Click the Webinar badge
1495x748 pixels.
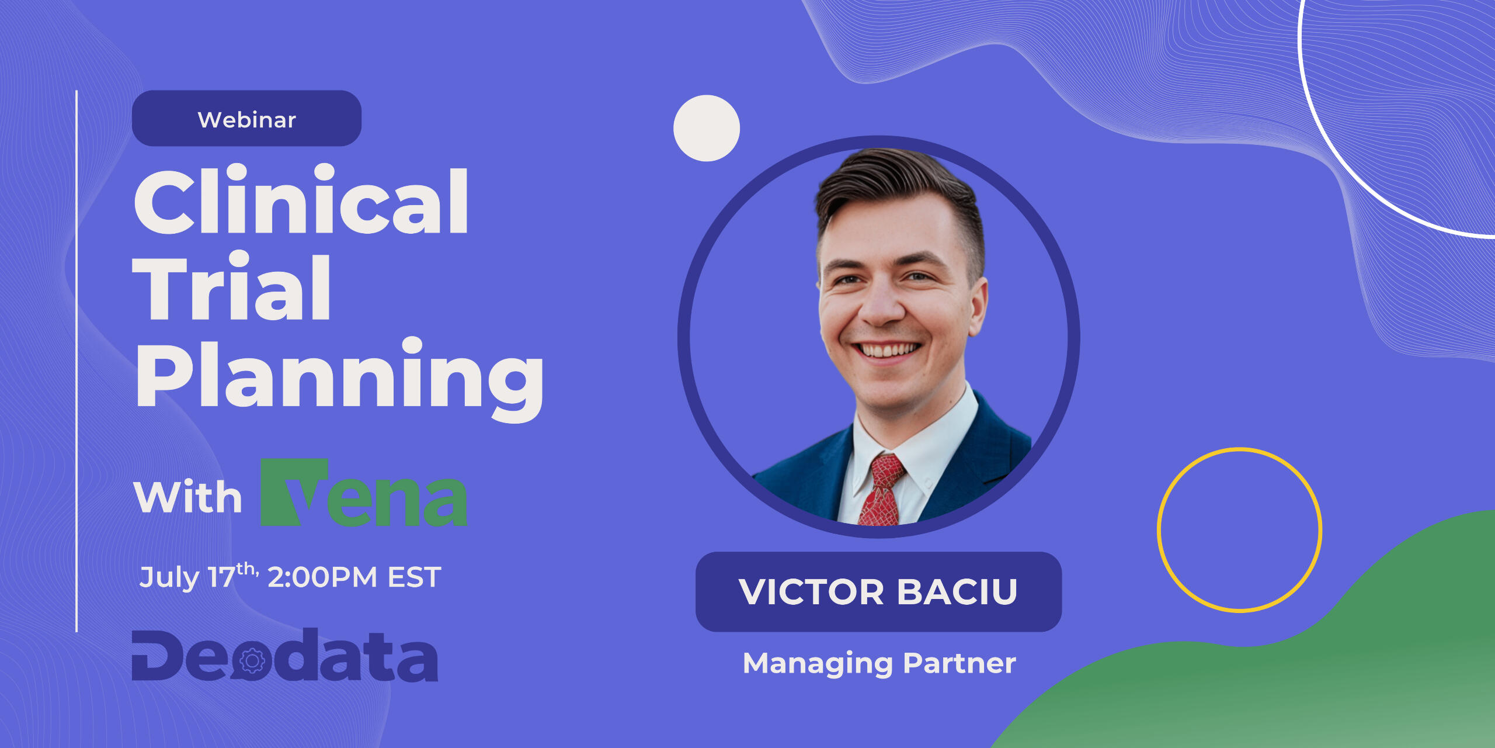(246, 118)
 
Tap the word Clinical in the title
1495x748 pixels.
(301, 199)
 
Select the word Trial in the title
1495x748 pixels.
(232, 286)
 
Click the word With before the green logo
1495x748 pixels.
(187, 497)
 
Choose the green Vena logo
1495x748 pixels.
(363, 493)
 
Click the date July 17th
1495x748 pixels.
(199, 576)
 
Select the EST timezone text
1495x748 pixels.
(415, 577)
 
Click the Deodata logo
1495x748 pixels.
(285, 655)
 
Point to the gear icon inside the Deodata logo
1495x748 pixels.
(252, 661)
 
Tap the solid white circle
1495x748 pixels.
(707, 128)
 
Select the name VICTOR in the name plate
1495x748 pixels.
(812, 592)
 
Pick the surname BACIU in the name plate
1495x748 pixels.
(957, 592)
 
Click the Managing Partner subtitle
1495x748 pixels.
(879, 663)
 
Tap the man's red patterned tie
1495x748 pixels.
(883, 491)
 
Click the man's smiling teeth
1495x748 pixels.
(888, 351)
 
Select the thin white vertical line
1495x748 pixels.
(77, 361)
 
